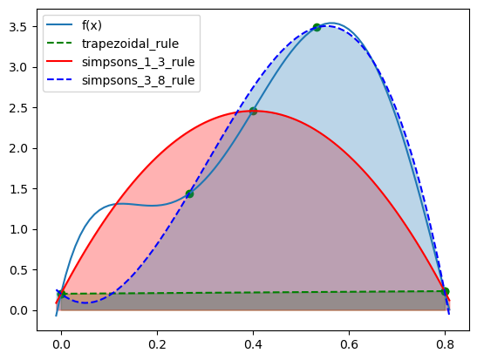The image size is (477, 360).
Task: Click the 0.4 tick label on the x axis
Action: point(253,344)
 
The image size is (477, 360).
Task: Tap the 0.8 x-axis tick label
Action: point(445,344)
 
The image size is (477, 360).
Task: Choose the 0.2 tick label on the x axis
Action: point(157,344)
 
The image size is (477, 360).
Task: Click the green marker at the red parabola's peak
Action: point(253,111)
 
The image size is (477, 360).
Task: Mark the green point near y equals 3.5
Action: point(317,27)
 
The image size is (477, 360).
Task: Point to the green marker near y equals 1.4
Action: point(189,194)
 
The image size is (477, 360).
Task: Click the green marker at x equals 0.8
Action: point(445,291)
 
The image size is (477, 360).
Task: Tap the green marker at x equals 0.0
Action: point(61,294)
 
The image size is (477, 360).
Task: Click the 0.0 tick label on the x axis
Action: point(61,344)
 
